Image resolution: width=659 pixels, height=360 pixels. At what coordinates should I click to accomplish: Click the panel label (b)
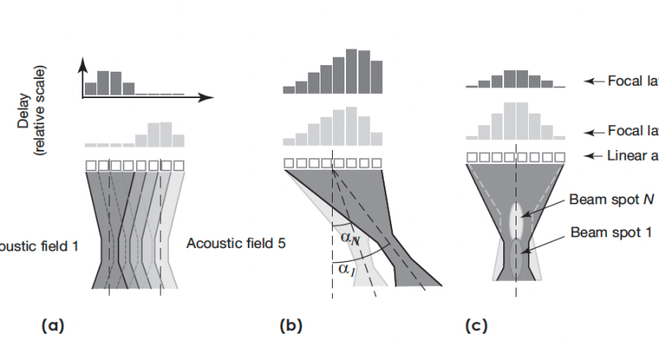pyautogui.click(x=291, y=326)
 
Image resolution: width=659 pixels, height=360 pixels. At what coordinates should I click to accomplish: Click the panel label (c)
pyautogui.click(x=477, y=326)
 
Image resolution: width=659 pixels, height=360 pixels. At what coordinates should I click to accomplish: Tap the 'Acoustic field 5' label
pyautogui.click(x=235, y=244)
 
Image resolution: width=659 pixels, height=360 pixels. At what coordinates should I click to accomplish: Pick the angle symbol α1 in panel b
pyautogui.click(x=344, y=269)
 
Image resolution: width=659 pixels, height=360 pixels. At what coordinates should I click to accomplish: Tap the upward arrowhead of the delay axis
pyautogui.click(x=82, y=64)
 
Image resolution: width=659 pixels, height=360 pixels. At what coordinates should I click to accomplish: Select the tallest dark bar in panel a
pyautogui.click(x=103, y=82)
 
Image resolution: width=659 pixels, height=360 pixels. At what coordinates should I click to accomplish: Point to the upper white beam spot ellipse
pyautogui.click(x=516, y=219)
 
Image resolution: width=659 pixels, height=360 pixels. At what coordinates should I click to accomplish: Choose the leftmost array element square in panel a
pyautogui.click(x=91, y=166)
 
